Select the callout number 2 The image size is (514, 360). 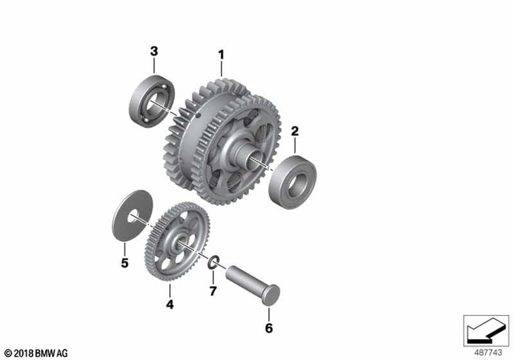[x=295, y=130]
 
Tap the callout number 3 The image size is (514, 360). [x=153, y=52]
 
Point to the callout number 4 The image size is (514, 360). [x=169, y=304]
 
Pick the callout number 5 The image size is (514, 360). [x=124, y=262]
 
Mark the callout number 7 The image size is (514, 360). [x=213, y=289]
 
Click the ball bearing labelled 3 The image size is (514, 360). [x=149, y=101]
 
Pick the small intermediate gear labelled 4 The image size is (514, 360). [x=173, y=243]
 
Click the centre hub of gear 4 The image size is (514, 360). [x=182, y=243]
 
